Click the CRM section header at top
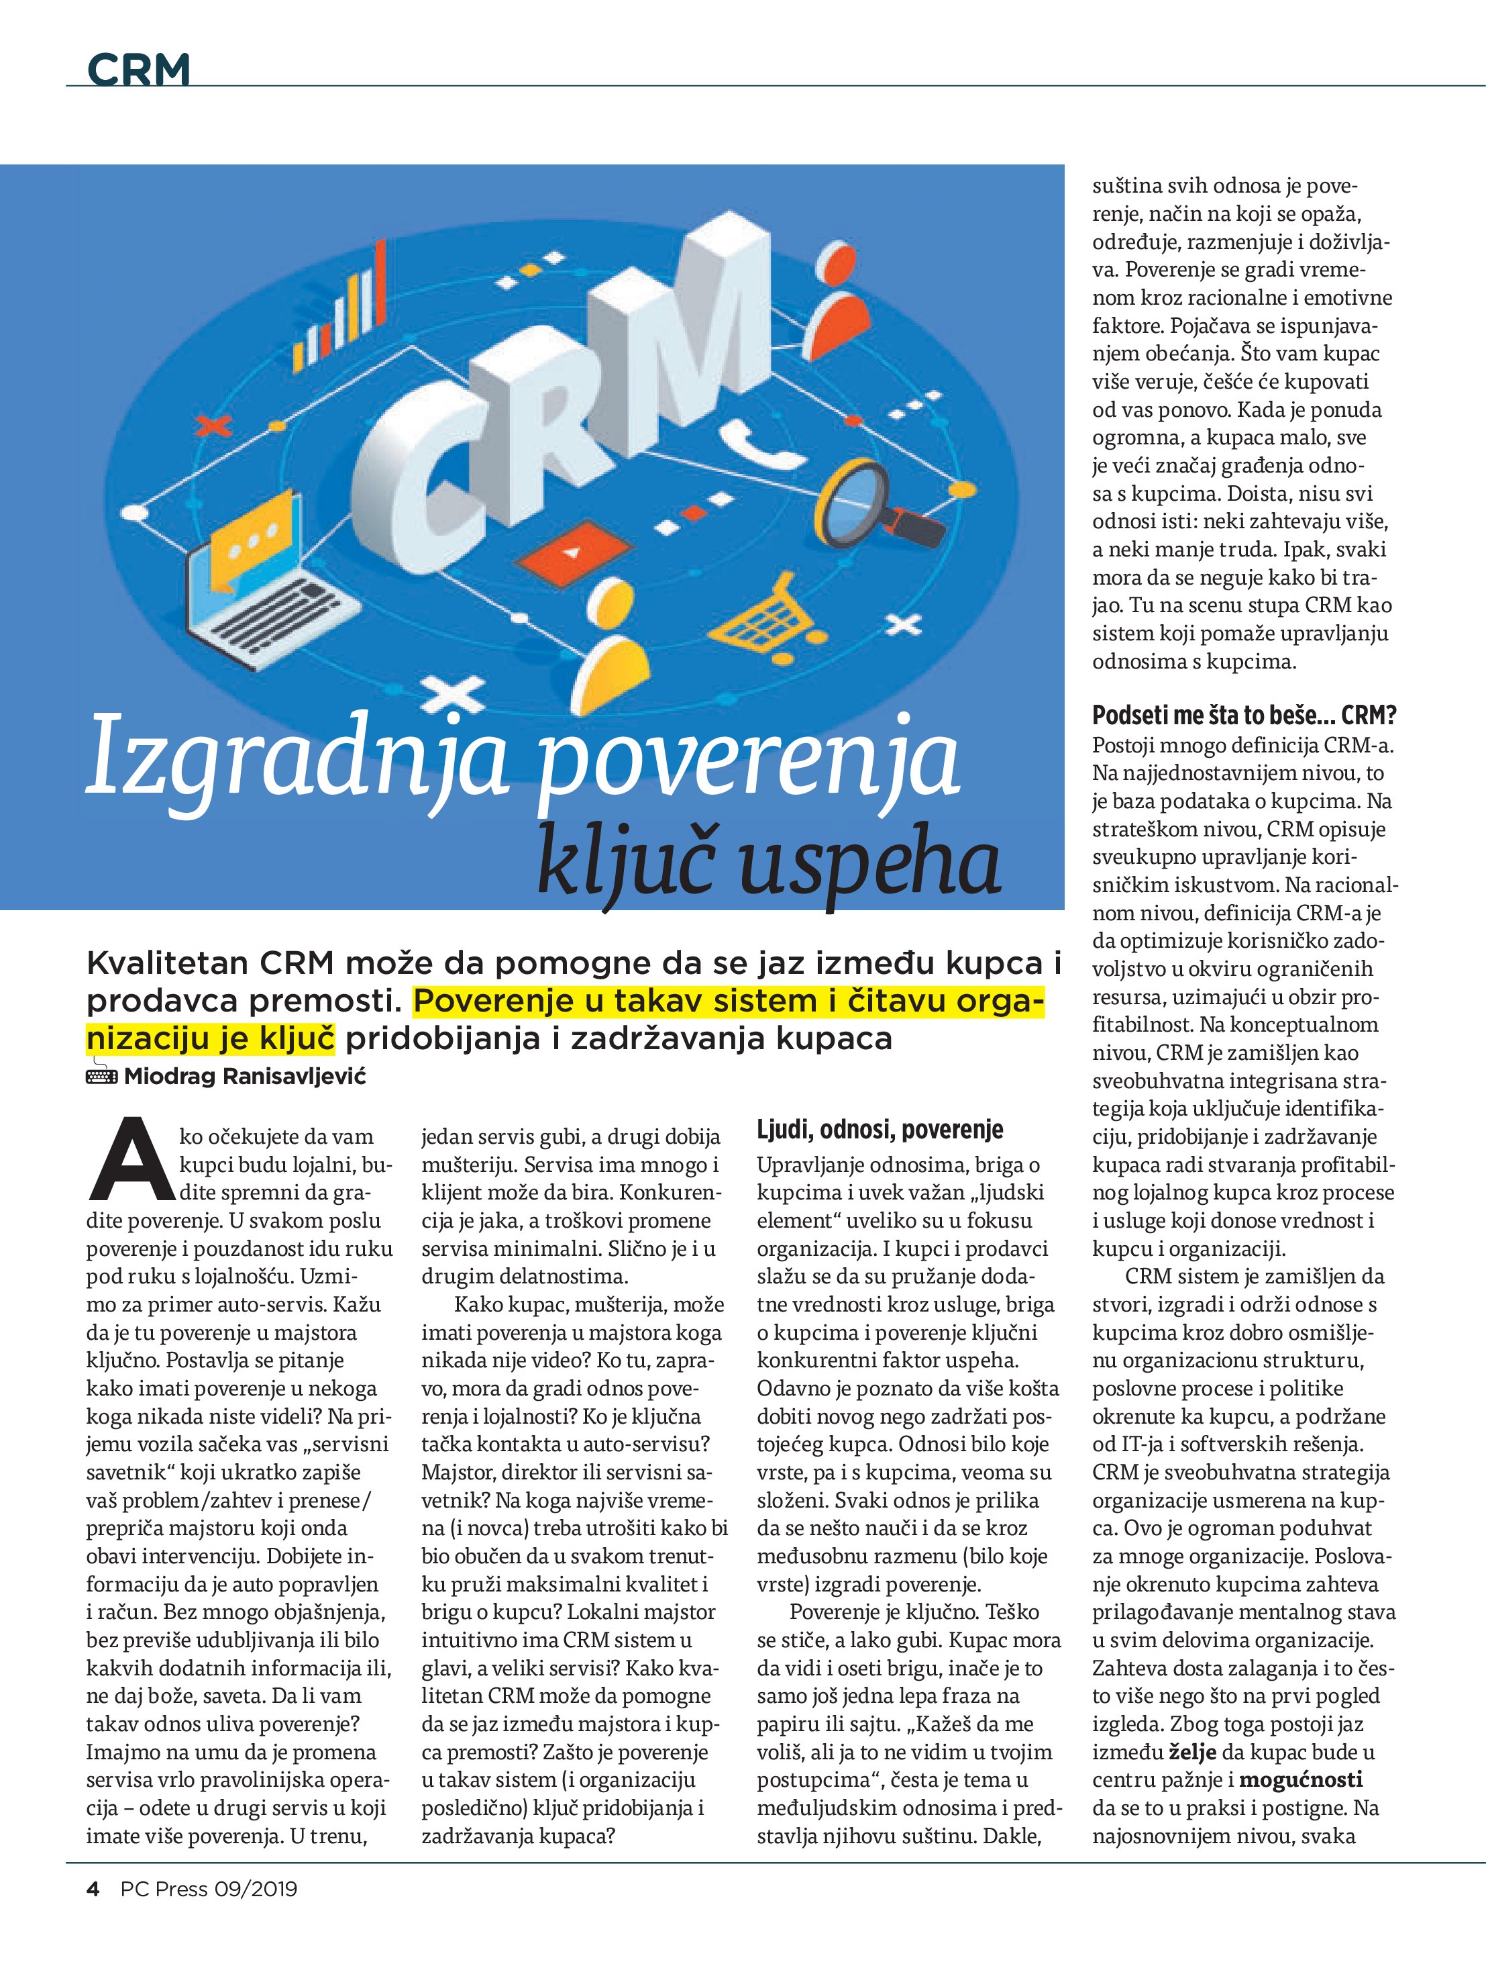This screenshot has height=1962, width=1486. (x=139, y=69)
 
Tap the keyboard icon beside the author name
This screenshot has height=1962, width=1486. (x=101, y=1076)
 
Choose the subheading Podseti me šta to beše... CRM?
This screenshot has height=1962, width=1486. (x=1243, y=715)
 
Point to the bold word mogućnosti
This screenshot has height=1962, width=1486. (x=1299, y=1779)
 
